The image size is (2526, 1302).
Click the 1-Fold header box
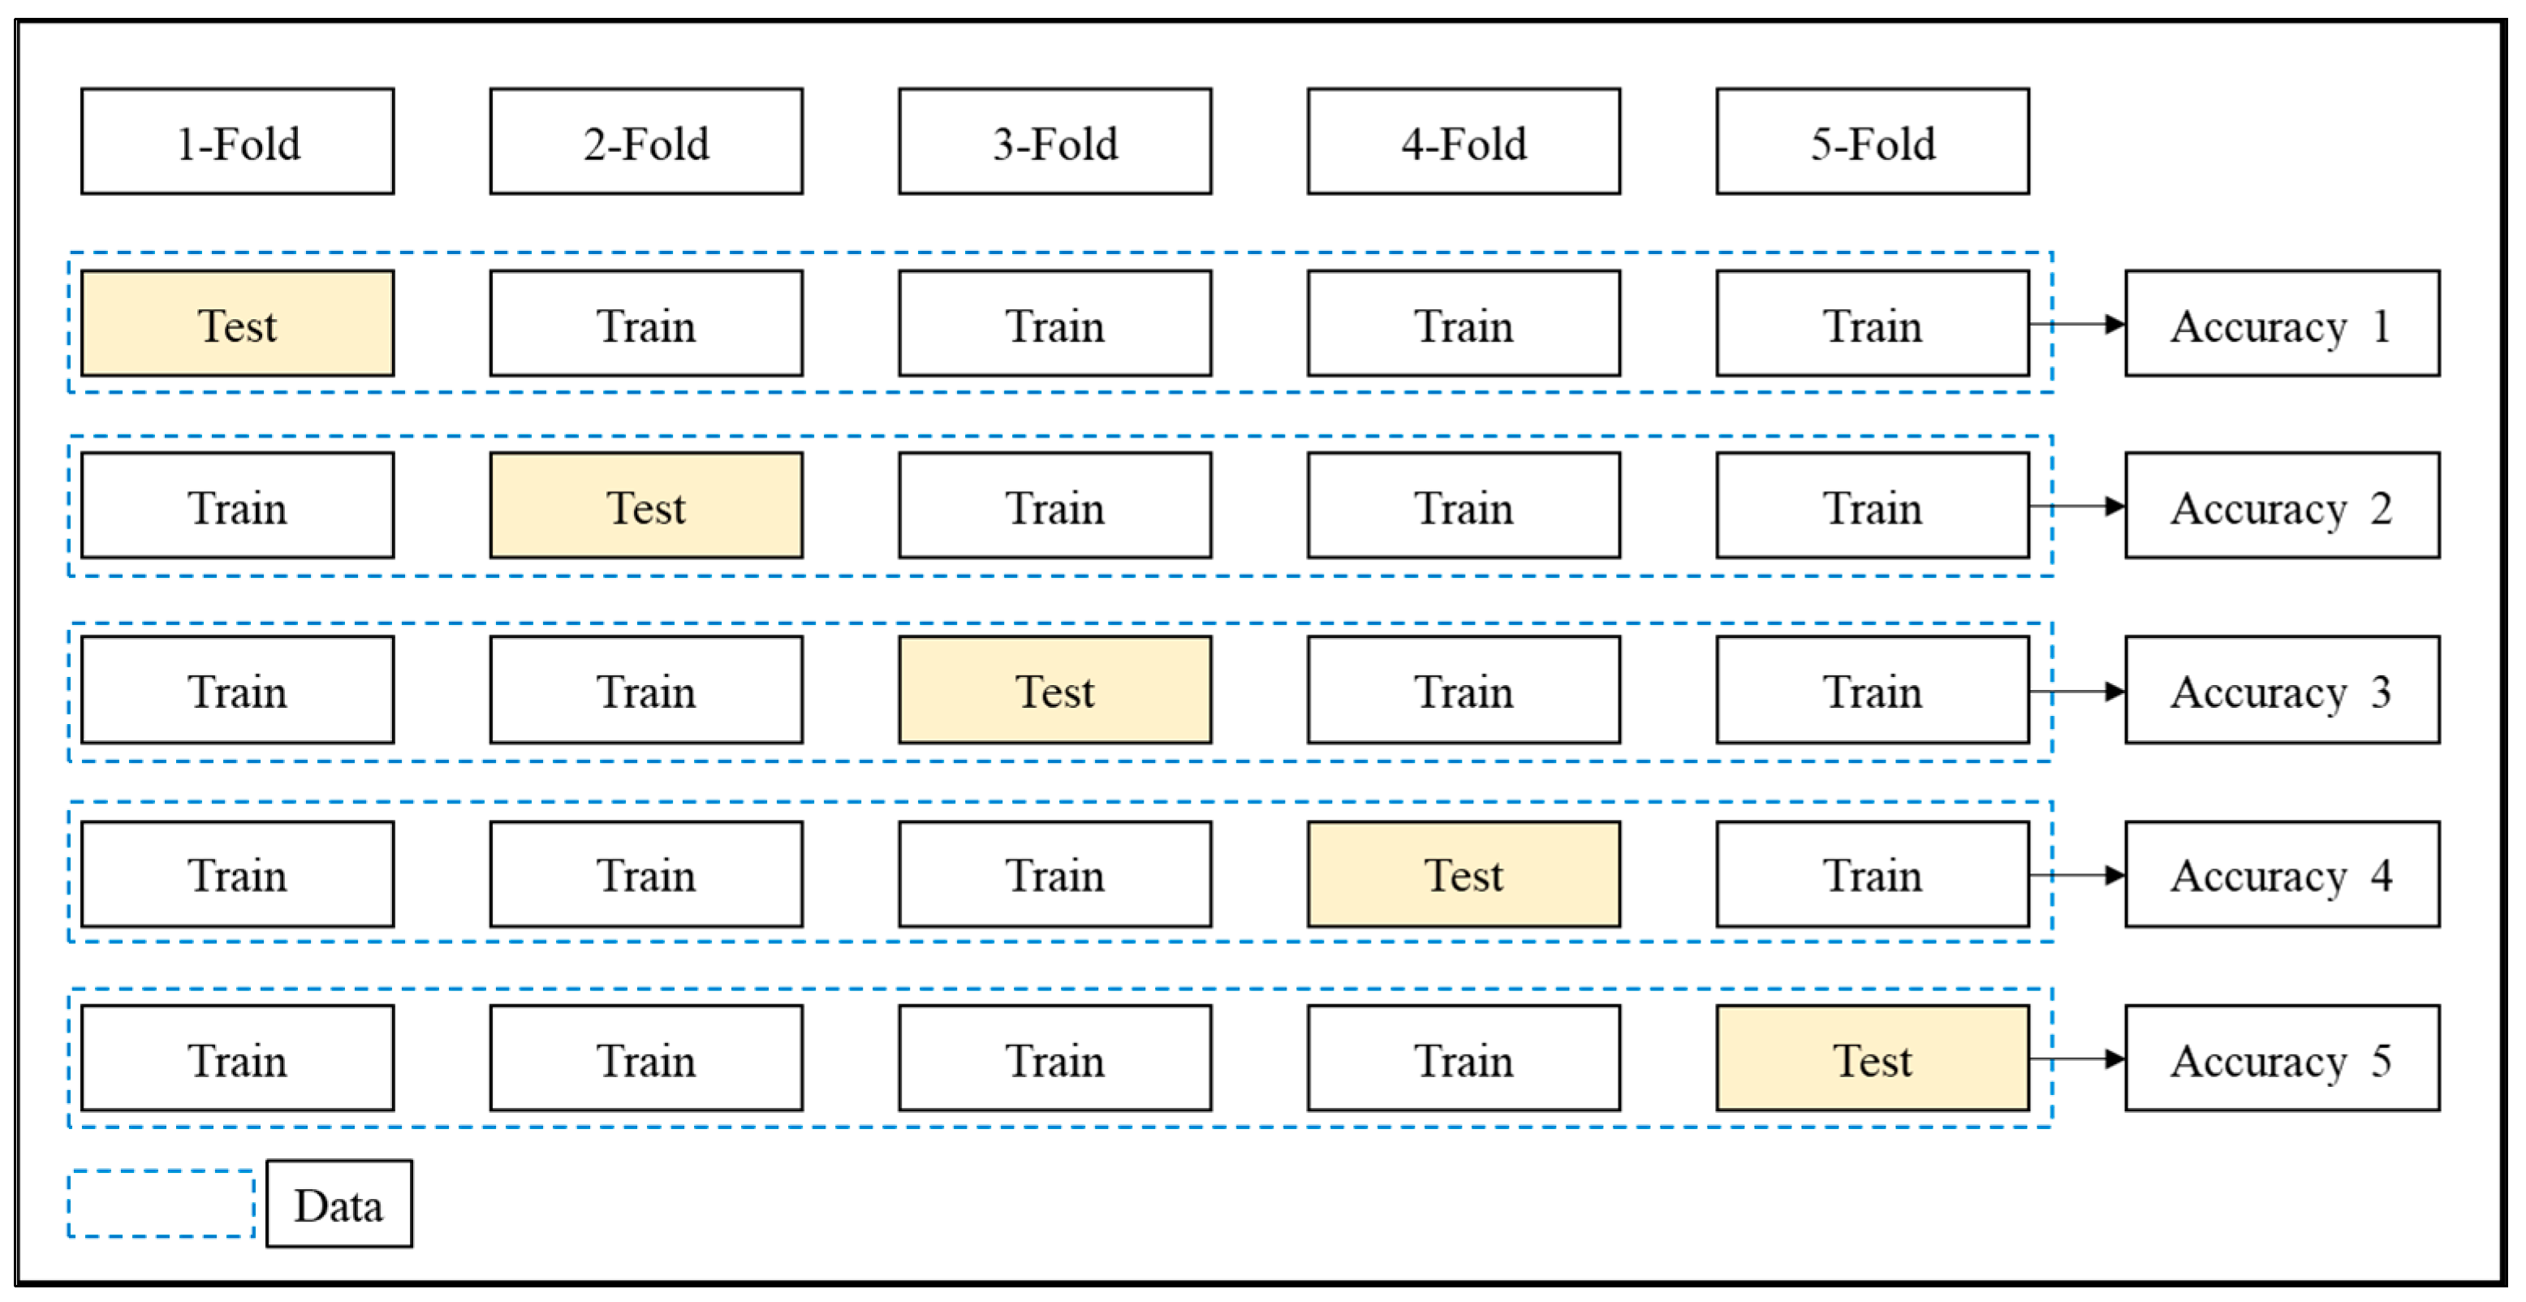tap(237, 142)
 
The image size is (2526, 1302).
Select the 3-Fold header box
tap(1054, 142)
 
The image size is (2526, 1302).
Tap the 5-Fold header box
tap(1872, 142)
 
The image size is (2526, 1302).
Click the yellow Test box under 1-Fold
tap(237, 324)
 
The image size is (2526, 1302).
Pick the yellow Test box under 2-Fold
tap(646, 506)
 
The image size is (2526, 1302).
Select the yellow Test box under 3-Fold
tap(1054, 690)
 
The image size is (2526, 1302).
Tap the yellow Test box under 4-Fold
tap(1463, 874)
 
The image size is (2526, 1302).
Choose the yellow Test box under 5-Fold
tap(1872, 1058)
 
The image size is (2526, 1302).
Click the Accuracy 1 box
tap(2282, 324)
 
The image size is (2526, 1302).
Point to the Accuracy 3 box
tap(2282, 690)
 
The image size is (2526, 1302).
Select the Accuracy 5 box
tap(2282, 1058)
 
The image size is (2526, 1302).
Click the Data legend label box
tap(339, 1204)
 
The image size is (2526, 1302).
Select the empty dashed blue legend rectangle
tap(161, 1204)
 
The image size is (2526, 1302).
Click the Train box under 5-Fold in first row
tap(1872, 324)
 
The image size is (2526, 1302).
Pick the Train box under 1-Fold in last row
tap(237, 1058)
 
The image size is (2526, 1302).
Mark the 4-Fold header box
tap(1463, 142)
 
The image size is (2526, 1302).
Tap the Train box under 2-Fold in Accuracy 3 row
tap(646, 690)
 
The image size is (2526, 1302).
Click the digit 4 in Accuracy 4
tap(2381, 874)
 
